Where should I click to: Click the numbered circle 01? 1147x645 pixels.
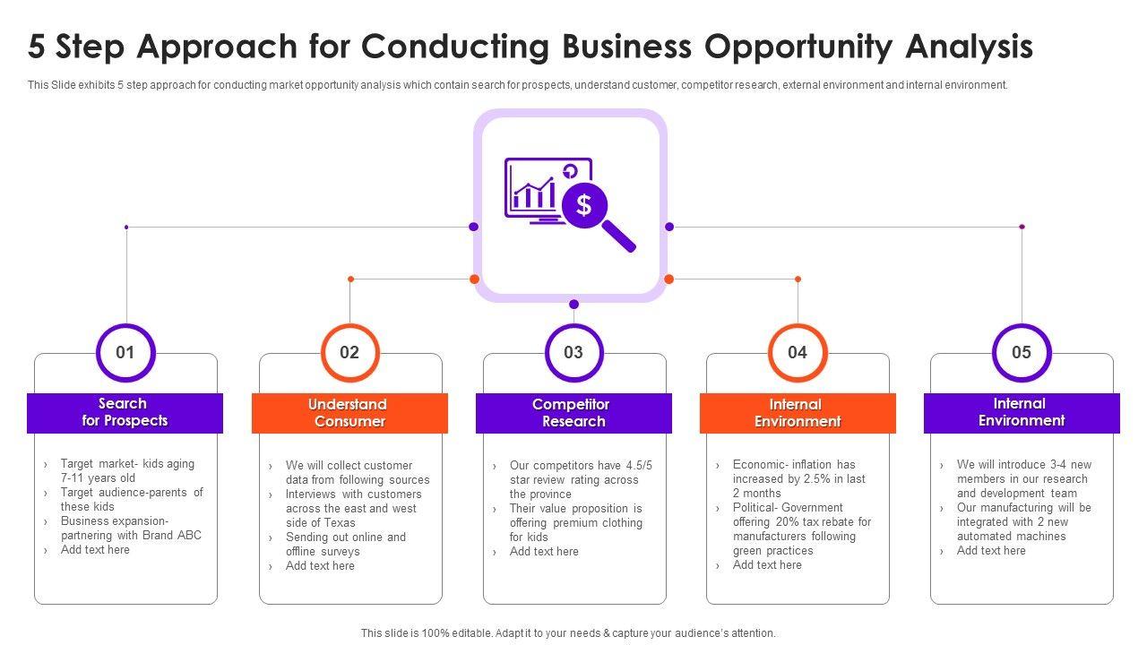(125, 352)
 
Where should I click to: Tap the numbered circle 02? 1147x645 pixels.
(349, 352)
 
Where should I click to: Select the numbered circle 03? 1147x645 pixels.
(573, 352)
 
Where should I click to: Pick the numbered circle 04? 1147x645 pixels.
(798, 352)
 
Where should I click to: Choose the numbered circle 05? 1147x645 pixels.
(1022, 352)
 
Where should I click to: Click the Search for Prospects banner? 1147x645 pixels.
(125, 413)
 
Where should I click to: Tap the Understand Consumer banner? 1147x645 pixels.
(349, 413)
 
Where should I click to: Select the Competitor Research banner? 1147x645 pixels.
(573, 413)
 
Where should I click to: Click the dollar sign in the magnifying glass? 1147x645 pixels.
(584, 205)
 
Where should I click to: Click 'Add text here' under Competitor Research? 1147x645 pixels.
(544, 552)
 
